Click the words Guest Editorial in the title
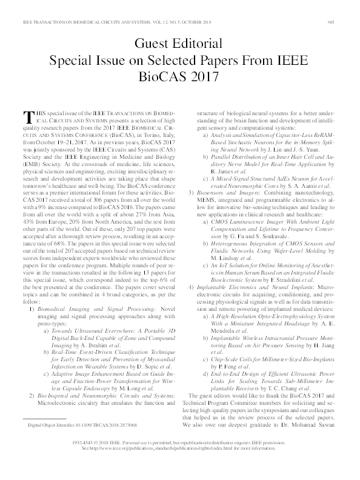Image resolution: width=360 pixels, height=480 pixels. point(179,44)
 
